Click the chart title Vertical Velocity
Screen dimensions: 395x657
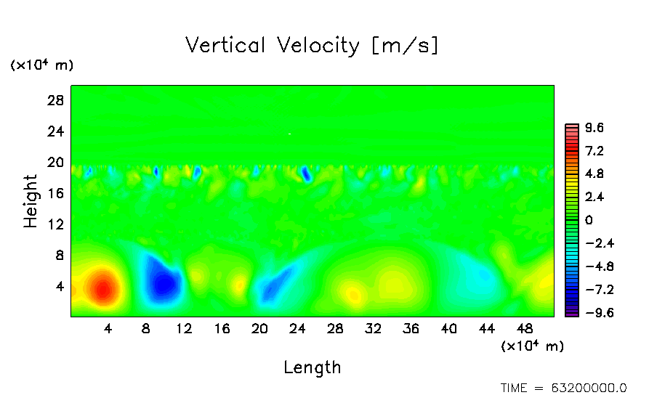(312, 46)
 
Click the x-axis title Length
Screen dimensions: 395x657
(312, 367)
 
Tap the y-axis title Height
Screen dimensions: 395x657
(31, 201)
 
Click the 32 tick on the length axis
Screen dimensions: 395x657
(374, 329)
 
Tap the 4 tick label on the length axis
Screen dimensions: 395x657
(108, 329)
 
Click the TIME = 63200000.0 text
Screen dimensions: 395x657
(563, 388)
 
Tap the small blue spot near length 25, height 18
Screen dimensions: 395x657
(307, 175)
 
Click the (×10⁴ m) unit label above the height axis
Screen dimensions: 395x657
(41, 65)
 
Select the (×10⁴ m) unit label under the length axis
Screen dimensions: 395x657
(532, 346)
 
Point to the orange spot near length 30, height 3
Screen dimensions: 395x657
(353, 295)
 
